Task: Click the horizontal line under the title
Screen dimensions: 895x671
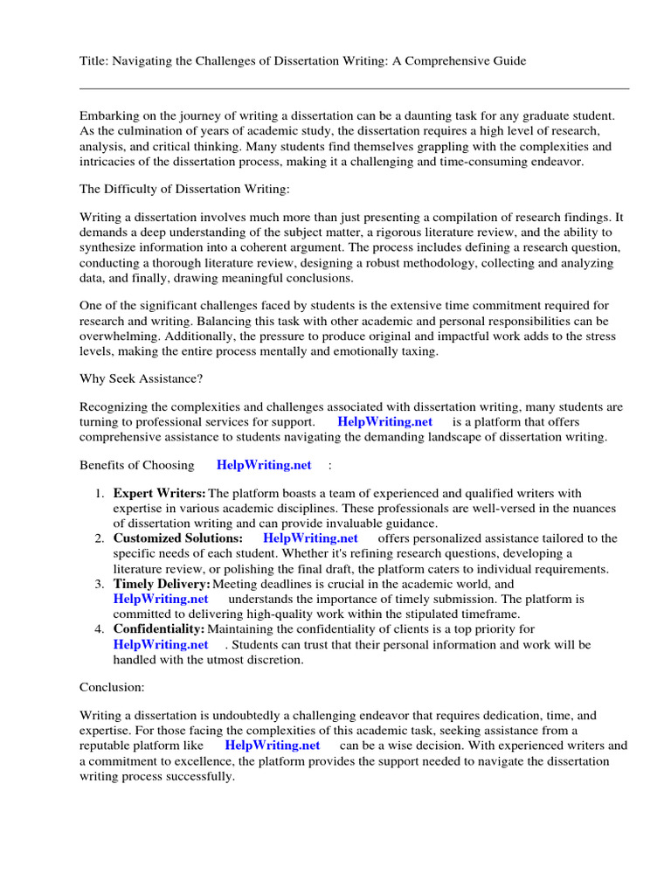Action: click(354, 88)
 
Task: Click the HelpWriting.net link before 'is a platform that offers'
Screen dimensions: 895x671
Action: click(384, 422)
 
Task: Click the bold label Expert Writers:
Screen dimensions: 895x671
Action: click(159, 494)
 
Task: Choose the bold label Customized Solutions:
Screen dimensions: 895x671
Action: click(178, 538)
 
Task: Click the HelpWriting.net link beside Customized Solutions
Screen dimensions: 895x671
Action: click(310, 538)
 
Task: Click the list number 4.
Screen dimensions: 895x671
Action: click(100, 629)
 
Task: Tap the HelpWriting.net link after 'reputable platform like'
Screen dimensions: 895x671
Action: click(273, 746)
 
